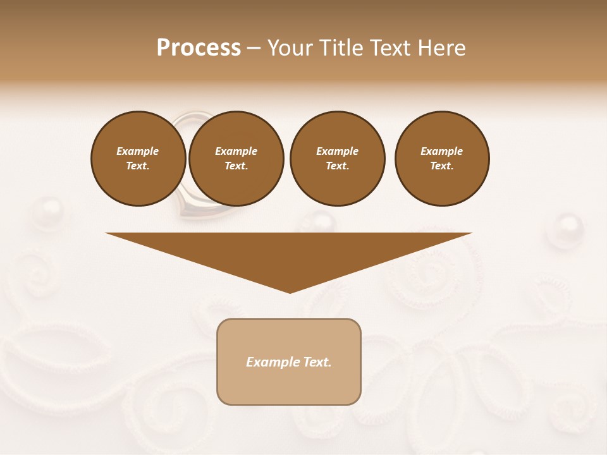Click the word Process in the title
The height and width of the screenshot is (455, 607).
point(199,48)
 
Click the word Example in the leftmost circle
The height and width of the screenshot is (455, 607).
point(138,151)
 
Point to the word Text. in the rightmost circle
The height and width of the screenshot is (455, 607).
point(442,166)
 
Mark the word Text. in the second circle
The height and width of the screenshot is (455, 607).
point(236,166)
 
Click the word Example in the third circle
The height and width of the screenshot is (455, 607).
point(337,151)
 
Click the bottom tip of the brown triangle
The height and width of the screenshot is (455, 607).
point(290,291)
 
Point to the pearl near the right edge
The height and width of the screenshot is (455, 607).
point(568,228)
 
